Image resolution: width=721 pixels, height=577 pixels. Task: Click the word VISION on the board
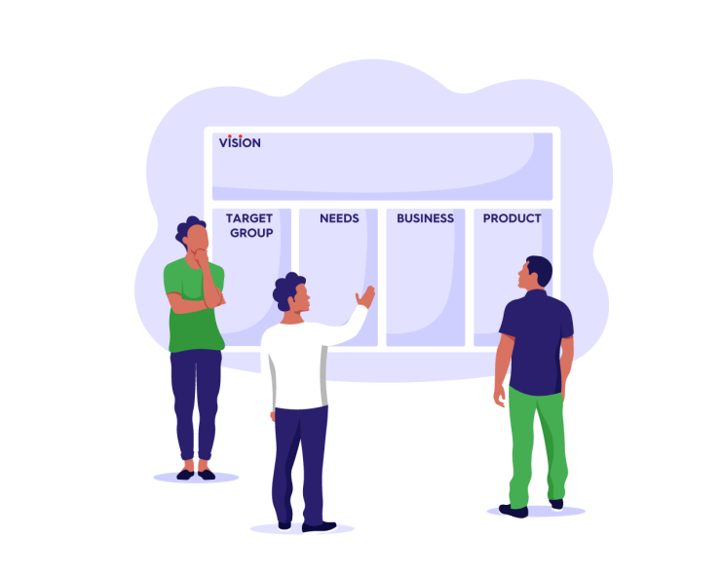[x=240, y=142]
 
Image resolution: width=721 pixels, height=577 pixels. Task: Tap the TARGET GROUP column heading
[x=249, y=225]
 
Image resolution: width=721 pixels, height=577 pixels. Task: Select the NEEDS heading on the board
[x=339, y=218]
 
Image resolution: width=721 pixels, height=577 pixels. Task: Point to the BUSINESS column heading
[x=425, y=218]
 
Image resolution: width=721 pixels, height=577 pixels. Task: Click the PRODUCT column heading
[x=512, y=218]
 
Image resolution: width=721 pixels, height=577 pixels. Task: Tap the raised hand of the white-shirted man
[x=365, y=296]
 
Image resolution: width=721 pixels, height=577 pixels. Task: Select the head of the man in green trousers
[x=535, y=273]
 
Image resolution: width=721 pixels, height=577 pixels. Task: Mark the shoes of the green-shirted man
[x=195, y=474]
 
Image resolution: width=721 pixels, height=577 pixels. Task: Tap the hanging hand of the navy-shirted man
[x=500, y=394]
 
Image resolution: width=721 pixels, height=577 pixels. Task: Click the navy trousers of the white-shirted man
[x=300, y=458]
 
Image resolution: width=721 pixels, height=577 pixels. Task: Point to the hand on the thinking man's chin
[x=202, y=257]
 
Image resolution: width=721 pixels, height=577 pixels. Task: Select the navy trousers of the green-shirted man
[x=195, y=400]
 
